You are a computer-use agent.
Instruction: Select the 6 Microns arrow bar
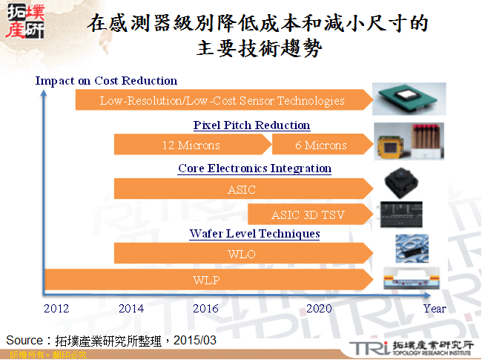(320, 145)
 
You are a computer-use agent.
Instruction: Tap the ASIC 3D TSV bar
(308, 215)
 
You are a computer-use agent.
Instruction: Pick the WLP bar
(208, 280)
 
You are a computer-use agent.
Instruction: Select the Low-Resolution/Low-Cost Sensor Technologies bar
(222, 100)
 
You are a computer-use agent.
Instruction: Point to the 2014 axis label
(131, 308)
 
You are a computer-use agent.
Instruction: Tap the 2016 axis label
(205, 308)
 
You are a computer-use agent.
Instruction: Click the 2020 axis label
(319, 308)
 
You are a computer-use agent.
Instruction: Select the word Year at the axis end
(434, 308)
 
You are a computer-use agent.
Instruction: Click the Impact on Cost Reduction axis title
(106, 80)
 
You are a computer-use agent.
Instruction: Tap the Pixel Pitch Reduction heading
(251, 125)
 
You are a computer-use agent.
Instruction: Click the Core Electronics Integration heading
(254, 168)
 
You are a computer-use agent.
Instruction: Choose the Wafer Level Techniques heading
(254, 233)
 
